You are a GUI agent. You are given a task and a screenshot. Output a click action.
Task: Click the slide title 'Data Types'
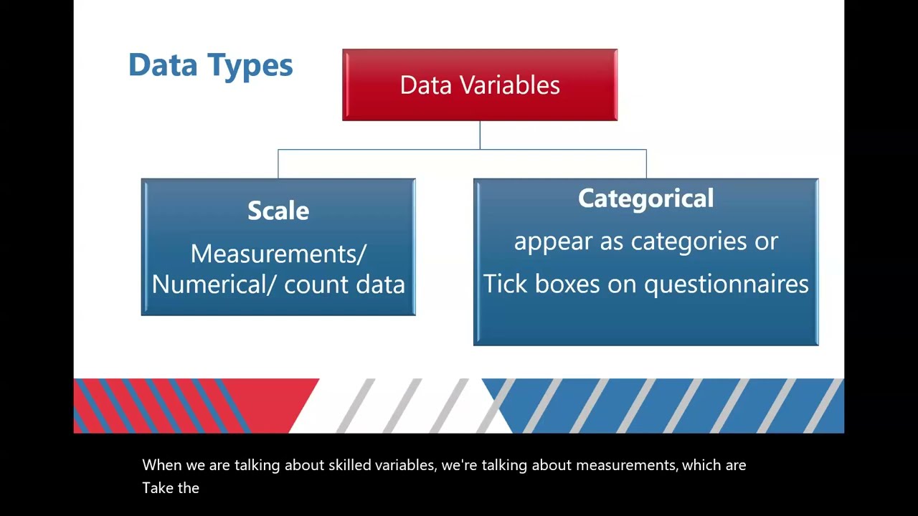pyautogui.click(x=210, y=64)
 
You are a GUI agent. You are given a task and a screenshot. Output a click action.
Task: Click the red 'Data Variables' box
pyautogui.click(x=479, y=85)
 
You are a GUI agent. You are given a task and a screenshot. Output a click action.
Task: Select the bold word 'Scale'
pyautogui.click(x=278, y=211)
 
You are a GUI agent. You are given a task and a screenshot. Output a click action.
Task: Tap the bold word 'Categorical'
pyautogui.click(x=645, y=199)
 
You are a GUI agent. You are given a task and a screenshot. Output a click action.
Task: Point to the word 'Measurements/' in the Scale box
pyautogui.click(x=278, y=254)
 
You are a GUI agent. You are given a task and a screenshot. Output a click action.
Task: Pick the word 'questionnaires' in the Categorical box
pyautogui.click(x=726, y=285)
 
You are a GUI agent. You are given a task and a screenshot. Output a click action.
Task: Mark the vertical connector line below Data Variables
pyautogui.click(x=480, y=135)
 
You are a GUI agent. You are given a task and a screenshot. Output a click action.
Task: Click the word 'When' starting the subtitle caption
pyautogui.click(x=161, y=465)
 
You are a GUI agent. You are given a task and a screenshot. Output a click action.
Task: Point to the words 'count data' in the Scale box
pyautogui.click(x=344, y=285)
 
